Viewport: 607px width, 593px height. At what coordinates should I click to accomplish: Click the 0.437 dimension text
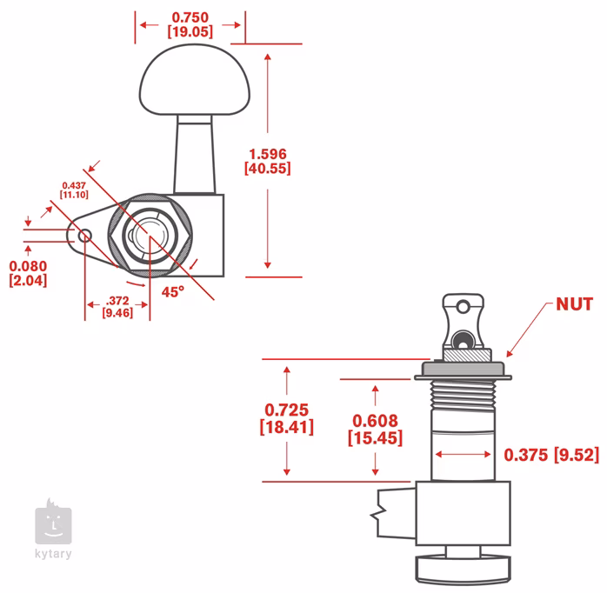coord(74,184)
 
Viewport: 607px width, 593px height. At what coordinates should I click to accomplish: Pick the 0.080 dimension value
coord(28,265)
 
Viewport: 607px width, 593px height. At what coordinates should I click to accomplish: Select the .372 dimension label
coord(117,300)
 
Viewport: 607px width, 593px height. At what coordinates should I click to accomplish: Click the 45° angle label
coord(173,292)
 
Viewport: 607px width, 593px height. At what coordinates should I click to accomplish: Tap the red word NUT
coord(574,303)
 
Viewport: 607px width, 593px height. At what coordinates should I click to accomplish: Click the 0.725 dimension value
coord(287,409)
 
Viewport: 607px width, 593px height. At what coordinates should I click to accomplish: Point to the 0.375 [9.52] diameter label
coord(551,454)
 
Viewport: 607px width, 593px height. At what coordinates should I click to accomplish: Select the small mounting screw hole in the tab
coord(85,235)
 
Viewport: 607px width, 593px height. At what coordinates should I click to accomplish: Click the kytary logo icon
coord(53,524)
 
